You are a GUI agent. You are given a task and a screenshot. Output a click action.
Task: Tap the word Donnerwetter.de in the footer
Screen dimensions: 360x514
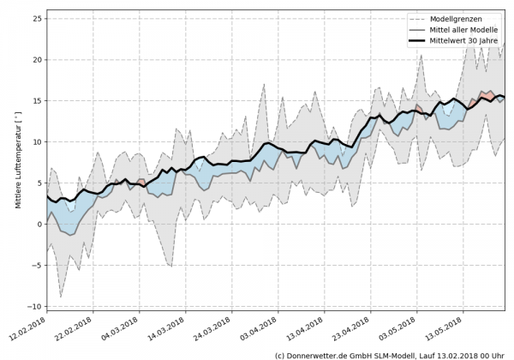coord(319,354)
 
